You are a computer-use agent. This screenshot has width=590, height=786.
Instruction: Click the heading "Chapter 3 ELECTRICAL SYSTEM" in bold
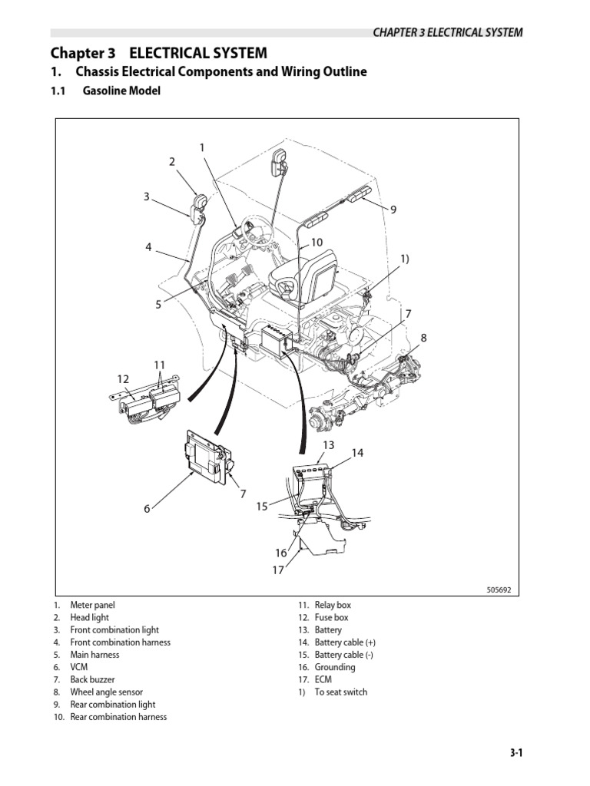click(x=159, y=53)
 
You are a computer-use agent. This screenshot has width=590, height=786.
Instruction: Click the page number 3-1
click(x=515, y=753)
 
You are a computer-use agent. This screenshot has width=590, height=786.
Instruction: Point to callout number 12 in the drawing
click(x=124, y=379)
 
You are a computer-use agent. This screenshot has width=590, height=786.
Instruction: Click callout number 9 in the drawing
click(x=393, y=209)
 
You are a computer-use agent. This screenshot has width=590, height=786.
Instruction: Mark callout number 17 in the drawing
click(x=277, y=570)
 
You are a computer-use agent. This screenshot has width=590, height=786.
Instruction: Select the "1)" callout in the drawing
click(x=405, y=259)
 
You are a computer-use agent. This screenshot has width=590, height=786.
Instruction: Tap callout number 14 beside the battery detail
click(x=357, y=453)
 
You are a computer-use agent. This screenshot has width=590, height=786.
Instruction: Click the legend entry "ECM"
click(x=323, y=679)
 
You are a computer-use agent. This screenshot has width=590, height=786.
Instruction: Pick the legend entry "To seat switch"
click(x=340, y=692)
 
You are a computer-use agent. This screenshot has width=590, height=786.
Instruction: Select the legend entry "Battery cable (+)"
click(x=345, y=642)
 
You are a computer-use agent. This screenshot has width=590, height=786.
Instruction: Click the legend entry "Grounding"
click(x=334, y=667)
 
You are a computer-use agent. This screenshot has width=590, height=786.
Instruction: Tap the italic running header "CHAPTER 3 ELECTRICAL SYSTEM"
click(x=448, y=32)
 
